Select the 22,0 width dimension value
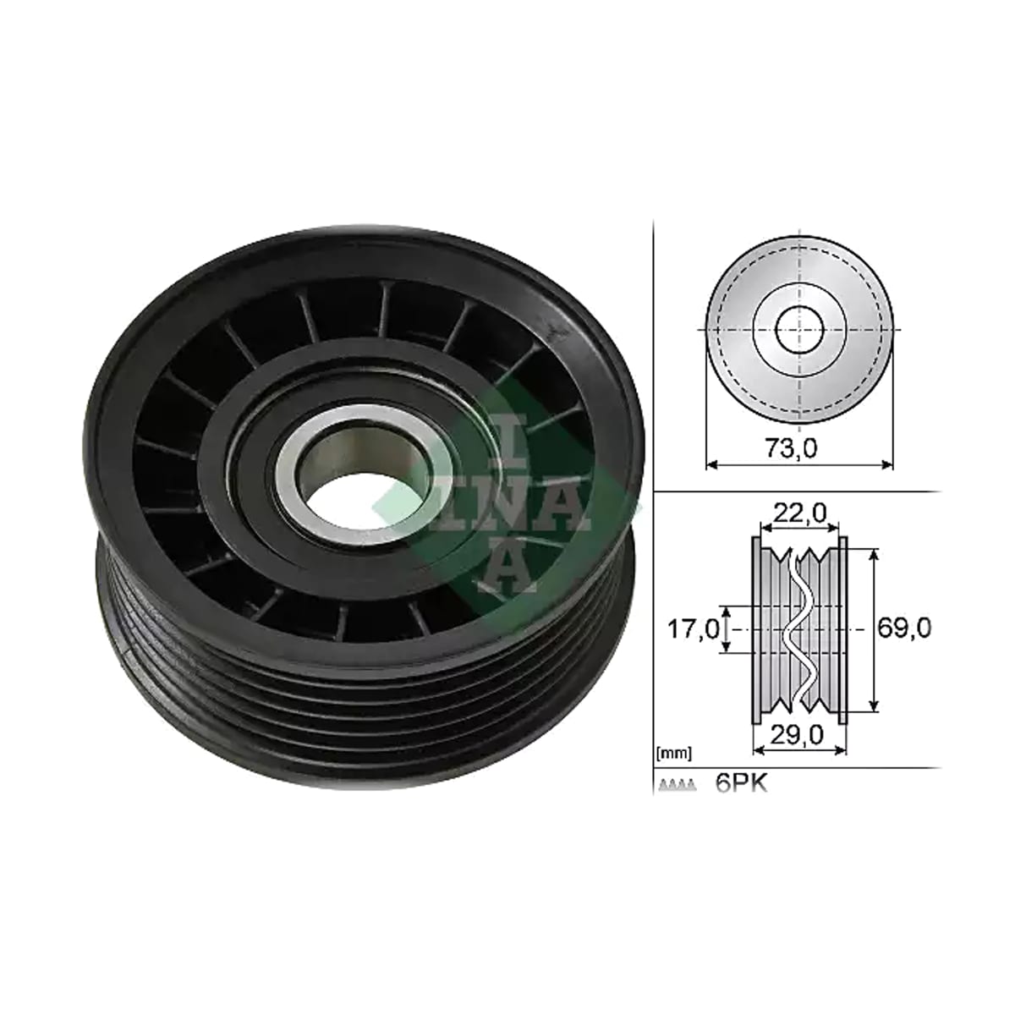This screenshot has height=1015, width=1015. pyautogui.click(x=798, y=513)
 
